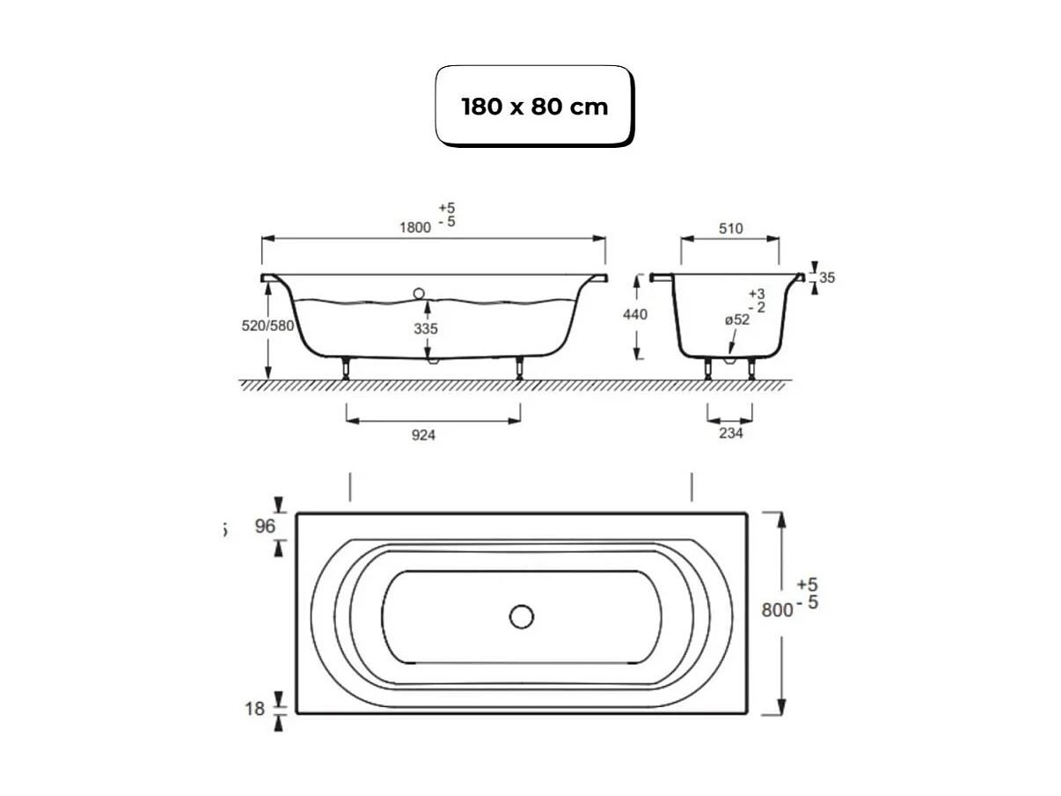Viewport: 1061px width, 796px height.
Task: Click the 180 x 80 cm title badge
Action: point(534,107)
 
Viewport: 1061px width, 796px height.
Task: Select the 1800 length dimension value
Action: point(414,226)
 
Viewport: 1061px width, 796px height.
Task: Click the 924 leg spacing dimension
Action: point(423,435)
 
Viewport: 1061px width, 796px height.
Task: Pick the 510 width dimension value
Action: point(730,229)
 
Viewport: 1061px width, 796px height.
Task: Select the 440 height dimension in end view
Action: point(634,314)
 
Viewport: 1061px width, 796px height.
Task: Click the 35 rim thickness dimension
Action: point(826,277)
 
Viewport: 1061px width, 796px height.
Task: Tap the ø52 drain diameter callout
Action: point(736,321)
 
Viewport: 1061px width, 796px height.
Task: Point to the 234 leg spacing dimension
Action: point(730,433)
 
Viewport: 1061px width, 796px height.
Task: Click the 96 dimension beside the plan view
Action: point(265,527)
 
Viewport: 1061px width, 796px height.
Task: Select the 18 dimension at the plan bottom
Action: point(254,708)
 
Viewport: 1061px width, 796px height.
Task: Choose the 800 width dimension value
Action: point(777,610)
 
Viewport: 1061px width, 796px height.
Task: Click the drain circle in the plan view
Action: point(522,616)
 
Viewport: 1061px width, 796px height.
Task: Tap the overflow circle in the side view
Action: point(418,293)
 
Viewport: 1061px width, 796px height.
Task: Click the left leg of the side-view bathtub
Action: point(347,368)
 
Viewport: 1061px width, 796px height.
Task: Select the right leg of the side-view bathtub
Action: point(520,368)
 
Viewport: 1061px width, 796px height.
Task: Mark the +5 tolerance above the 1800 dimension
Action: point(447,208)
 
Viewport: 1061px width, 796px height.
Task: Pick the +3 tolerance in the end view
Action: point(756,293)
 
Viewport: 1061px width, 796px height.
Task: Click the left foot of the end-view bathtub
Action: point(708,369)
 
